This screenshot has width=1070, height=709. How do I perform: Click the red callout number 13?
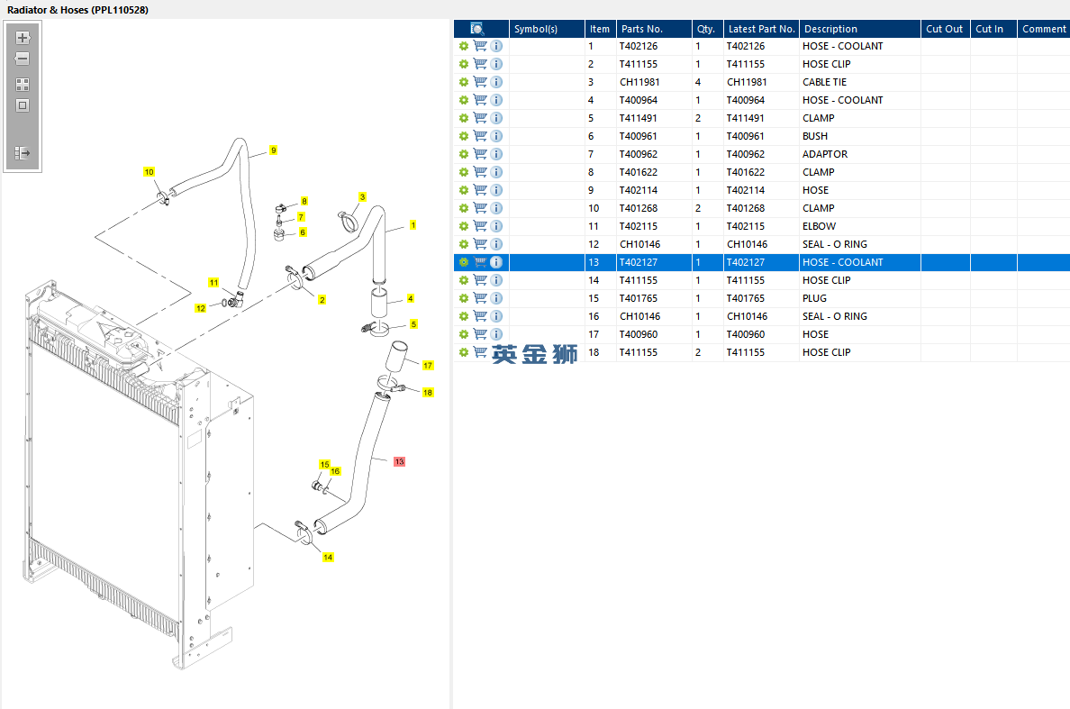pos(399,461)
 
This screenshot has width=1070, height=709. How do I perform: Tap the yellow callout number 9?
pos(273,150)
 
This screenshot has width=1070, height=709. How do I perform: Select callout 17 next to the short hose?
pos(428,365)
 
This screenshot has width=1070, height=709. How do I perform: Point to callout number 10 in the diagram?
pos(149,172)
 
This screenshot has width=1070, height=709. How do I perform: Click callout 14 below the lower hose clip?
pos(328,558)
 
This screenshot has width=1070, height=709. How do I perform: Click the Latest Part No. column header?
pos(761,29)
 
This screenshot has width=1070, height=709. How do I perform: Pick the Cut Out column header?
pos(944,29)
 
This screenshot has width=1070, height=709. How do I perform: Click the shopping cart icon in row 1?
pos(480,46)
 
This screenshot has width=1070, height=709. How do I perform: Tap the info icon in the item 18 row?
pos(496,352)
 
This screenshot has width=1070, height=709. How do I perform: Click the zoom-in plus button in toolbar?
pos(23,38)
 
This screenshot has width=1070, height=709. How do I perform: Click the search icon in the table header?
pos(477,29)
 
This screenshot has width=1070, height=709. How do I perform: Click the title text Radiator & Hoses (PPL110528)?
pos(77,9)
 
